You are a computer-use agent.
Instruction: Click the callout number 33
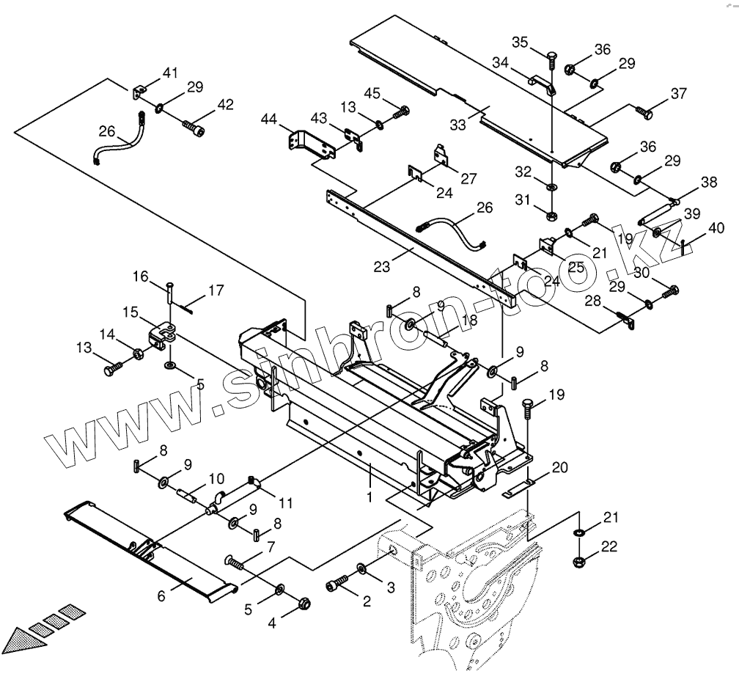point(457,125)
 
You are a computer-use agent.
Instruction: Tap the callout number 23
point(382,267)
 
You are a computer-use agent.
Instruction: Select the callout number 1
point(370,497)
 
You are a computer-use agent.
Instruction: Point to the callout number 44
point(269,120)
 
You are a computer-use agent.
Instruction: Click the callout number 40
point(716,228)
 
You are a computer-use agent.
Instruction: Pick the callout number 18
point(469,320)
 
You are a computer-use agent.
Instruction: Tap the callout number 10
point(216,480)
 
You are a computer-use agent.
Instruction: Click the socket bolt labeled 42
point(194,128)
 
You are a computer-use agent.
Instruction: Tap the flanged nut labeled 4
point(304,603)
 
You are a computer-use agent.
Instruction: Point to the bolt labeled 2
point(337,582)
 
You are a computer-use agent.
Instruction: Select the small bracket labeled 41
point(139,92)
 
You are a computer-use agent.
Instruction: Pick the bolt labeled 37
point(644,111)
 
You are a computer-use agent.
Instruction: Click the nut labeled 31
point(551,216)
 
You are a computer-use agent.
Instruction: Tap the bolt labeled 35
point(552,62)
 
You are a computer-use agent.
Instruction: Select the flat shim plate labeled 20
point(520,488)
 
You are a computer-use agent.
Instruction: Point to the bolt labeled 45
point(401,112)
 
